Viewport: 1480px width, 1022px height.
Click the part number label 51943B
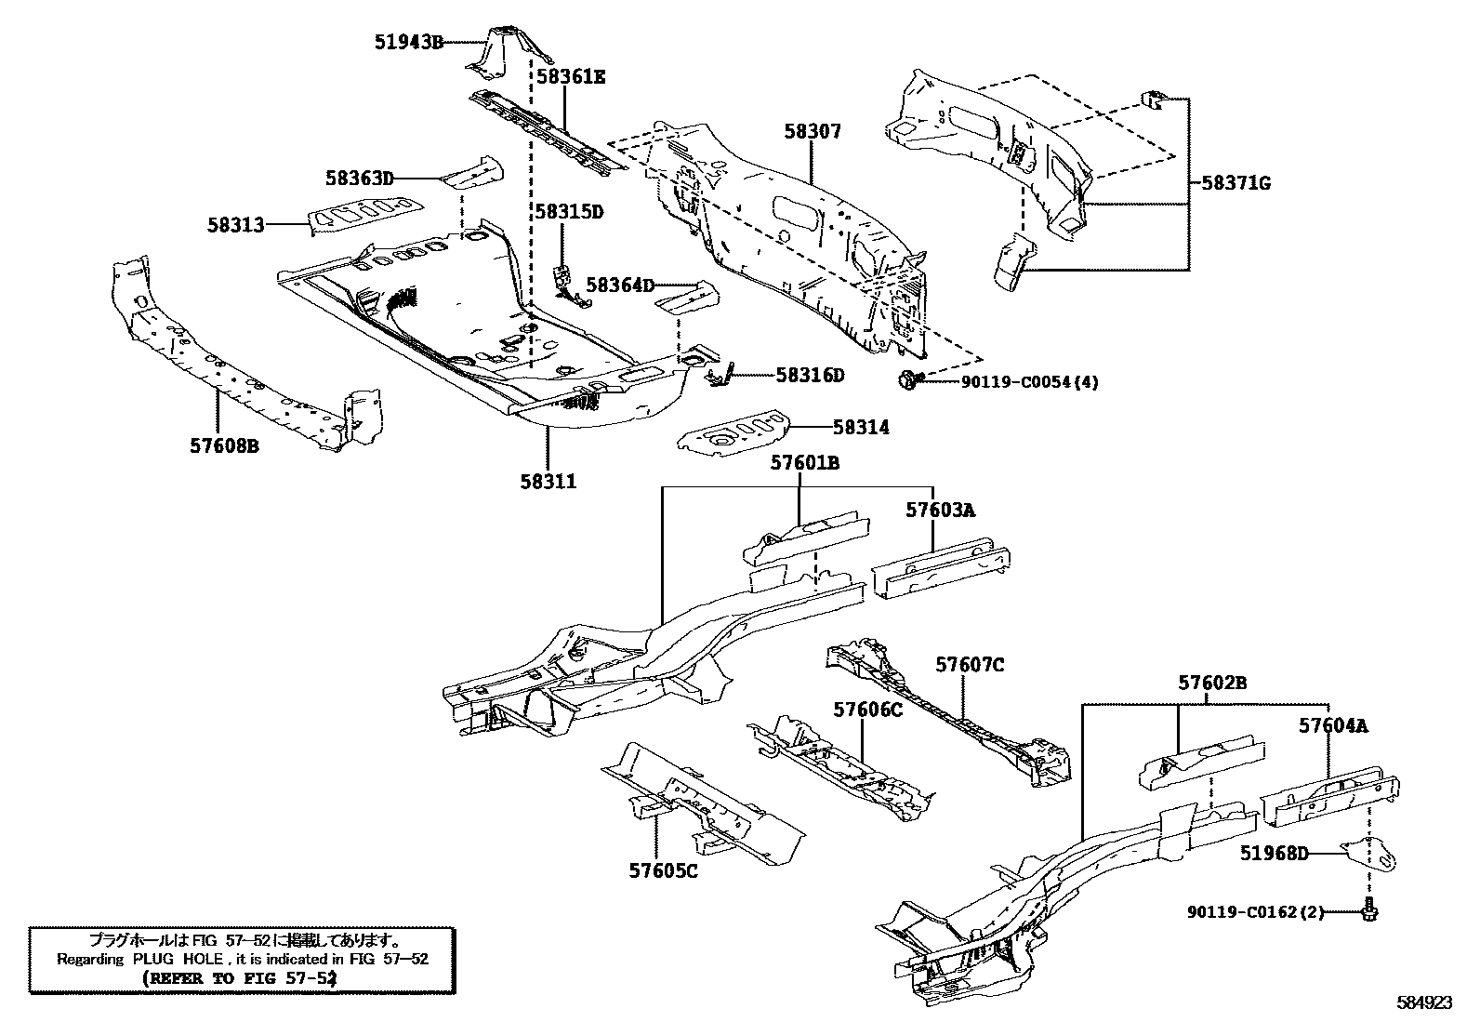[x=409, y=41]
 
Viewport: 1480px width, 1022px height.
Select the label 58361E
[x=570, y=76]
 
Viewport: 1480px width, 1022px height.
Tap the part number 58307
[x=812, y=132]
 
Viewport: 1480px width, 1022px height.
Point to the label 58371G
[x=1236, y=183]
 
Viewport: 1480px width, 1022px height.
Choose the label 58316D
[x=810, y=375]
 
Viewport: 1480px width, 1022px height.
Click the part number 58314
[x=861, y=427]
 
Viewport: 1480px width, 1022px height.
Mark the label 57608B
[x=224, y=446]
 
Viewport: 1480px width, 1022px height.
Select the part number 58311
[x=548, y=481]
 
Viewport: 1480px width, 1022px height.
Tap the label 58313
[x=235, y=224]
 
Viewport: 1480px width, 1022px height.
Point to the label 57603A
[x=940, y=510]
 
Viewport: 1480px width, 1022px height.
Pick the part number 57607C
[x=970, y=665]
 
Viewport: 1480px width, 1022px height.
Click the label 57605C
[x=663, y=870]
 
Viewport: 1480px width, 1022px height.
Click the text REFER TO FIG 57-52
[x=240, y=978]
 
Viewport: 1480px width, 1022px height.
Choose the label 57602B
[x=1212, y=683]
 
